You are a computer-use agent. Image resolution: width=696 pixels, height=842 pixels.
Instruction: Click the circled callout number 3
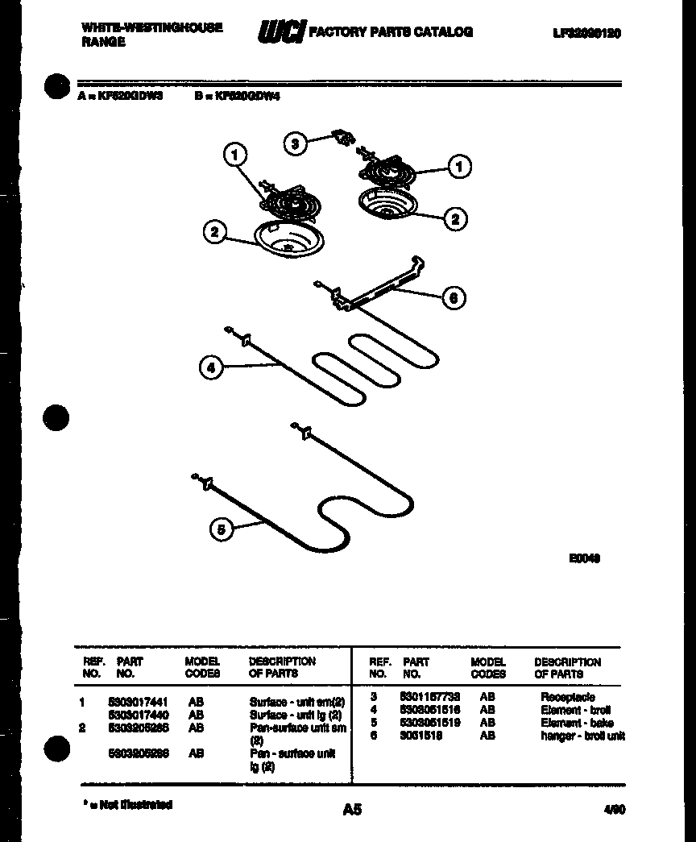pyautogui.click(x=296, y=144)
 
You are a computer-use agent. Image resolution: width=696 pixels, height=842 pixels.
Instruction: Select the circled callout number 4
pyautogui.click(x=210, y=368)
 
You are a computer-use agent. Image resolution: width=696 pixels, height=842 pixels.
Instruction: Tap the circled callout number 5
pyautogui.click(x=221, y=529)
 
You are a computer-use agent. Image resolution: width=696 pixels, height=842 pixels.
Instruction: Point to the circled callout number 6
pyautogui.click(x=454, y=298)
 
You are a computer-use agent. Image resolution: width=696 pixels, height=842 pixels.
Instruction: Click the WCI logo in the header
pyautogui.click(x=280, y=32)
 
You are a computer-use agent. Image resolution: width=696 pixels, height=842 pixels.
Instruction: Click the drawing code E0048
pyautogui.click(x=585, y=558)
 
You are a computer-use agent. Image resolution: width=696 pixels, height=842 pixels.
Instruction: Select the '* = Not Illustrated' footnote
pyautogui.click(x=128, y=804)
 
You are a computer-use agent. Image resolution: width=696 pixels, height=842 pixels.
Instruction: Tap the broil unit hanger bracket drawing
pyautogui.click(x=379, y=286)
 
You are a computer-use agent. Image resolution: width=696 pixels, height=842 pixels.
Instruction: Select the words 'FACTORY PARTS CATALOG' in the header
pyautogui.click(x=391, y=32)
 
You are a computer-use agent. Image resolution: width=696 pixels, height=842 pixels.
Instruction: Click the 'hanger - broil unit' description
pyautogui.click(x=582, y=736)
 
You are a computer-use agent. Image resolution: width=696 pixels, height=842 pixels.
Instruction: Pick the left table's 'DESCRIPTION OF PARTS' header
pyautogui.click(x=282, y=666)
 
